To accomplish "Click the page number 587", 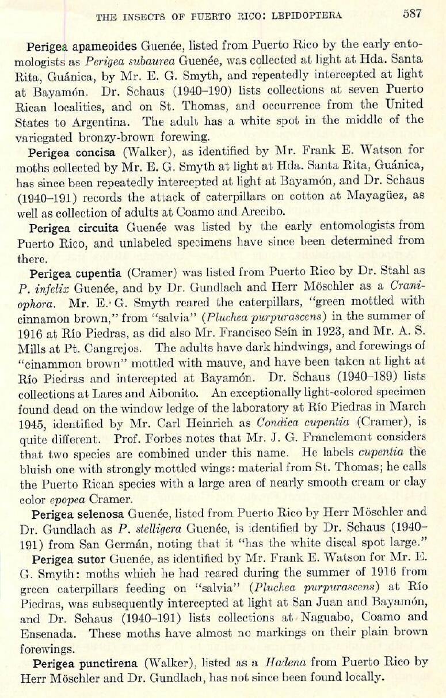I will point(412,14).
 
